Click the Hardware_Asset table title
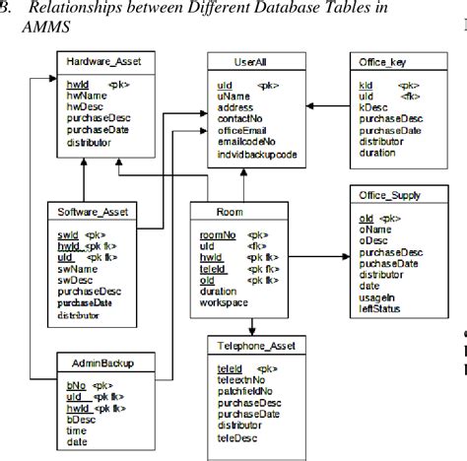click(x=101, y=62)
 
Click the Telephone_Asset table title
click(x=252, y=347)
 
